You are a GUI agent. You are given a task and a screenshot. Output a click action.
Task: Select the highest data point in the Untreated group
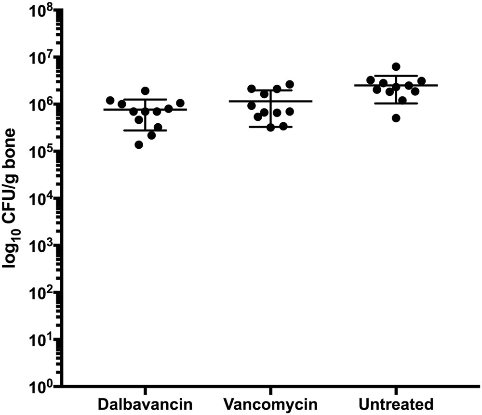[x=396, y=66]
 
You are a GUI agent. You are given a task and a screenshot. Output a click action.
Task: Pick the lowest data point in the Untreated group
[x=396, y=118]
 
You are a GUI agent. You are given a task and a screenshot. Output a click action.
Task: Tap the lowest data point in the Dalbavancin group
[x=139, y=144]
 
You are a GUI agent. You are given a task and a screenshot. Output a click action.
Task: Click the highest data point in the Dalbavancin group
[x=145, y=91]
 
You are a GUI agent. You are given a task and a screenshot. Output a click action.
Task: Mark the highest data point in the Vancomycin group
[x=290, y=84]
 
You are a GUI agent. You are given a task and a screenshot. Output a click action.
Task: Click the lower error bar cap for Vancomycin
[x=270, y=127]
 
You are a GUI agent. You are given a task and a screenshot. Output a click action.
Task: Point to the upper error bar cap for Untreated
[x=396, y=76]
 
